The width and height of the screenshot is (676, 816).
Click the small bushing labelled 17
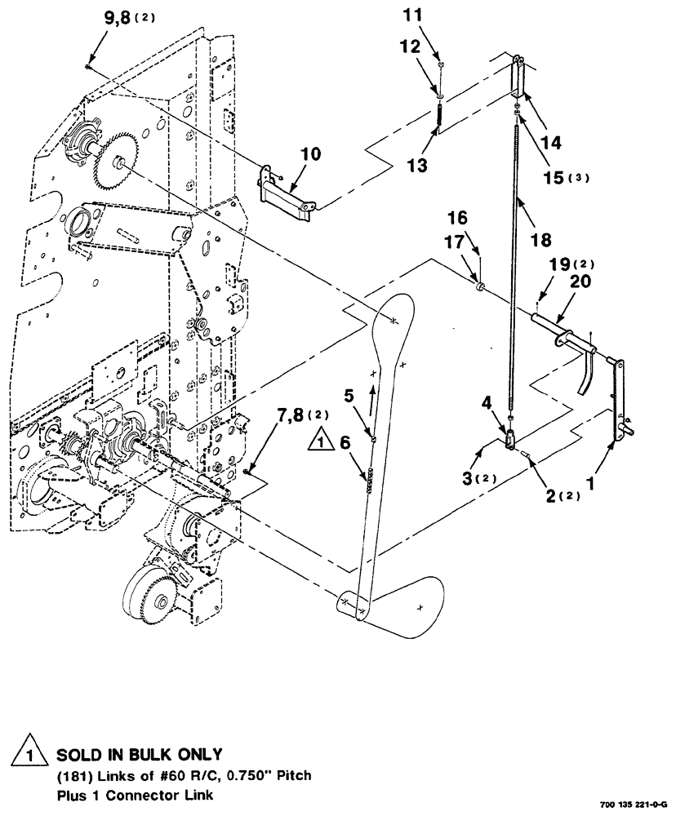click(x=481, y=286)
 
